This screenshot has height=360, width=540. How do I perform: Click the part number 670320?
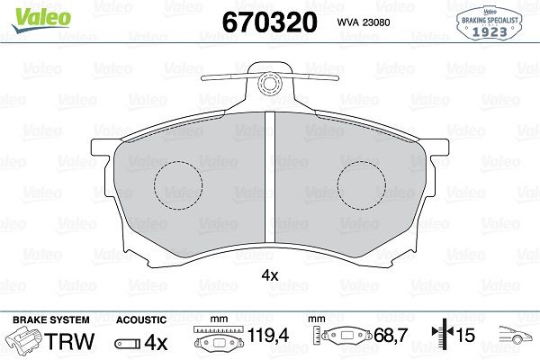click(x=269, y=22)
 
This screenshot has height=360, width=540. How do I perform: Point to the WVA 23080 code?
click(x=364, y=22)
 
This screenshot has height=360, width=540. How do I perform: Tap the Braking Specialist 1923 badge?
click(x=490, y=23)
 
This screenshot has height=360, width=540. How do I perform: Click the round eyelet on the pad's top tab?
click(x=270, y=84)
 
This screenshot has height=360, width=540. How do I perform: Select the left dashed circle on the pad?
click(x=178, y=185)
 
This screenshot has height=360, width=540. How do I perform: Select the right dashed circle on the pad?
click(x=362, y=185)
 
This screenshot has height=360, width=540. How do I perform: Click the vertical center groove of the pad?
click(x=270, y=178)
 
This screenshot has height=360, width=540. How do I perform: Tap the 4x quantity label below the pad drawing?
click(x=270, y=275)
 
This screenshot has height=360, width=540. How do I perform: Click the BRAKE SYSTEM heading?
click(x=51, y=319)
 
